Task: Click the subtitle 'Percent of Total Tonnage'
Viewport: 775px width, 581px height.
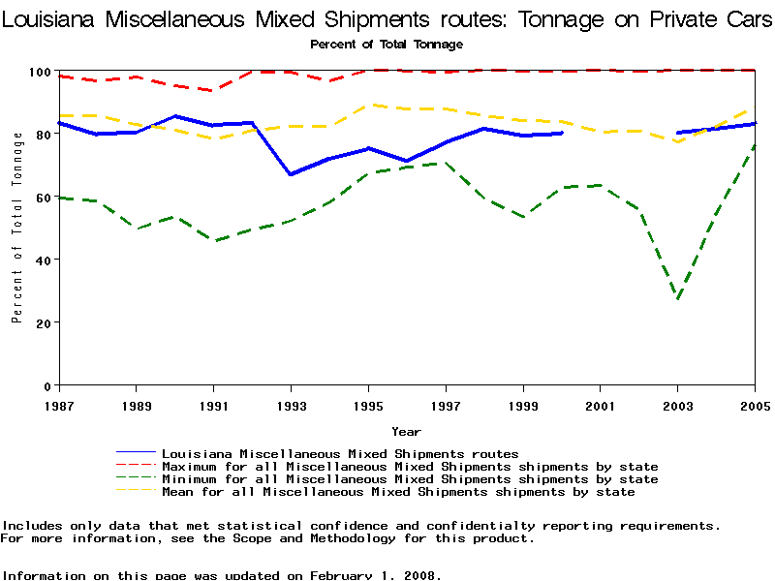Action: tap(387, 45)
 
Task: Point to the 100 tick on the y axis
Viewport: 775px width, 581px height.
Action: tap(42, 72)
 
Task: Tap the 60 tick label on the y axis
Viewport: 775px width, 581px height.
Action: tap(45, 198)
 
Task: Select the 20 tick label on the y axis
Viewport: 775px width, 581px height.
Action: tap(45, 322)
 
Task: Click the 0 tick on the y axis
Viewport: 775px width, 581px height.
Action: tap(48, 385)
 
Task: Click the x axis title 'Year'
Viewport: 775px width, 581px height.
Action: tap(406, 431)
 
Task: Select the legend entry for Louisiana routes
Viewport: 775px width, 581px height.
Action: tap(339, 453)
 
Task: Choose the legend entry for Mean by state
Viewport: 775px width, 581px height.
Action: tap(397, 492)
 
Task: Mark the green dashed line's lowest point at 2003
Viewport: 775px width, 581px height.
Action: tap(678, 298)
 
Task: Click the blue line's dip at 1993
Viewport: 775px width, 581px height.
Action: tap(291, 174)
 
